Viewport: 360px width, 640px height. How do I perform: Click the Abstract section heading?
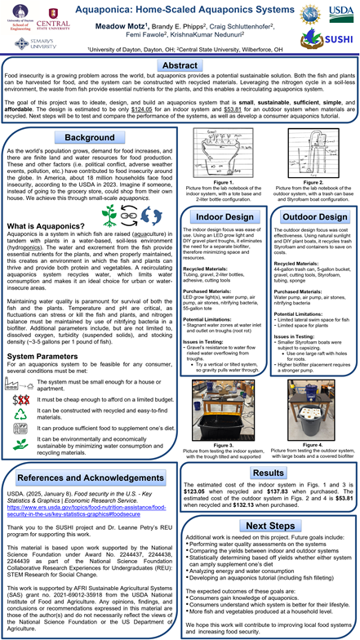[180, 65]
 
